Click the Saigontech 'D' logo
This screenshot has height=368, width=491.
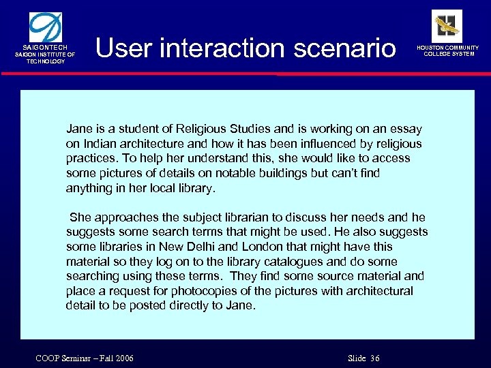point(46,27)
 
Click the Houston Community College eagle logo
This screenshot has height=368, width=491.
point(447,25)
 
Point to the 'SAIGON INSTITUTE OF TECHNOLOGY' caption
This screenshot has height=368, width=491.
point(46,58)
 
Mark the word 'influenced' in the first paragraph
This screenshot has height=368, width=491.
point(318,144)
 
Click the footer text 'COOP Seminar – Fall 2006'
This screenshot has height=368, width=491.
point(85,358)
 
